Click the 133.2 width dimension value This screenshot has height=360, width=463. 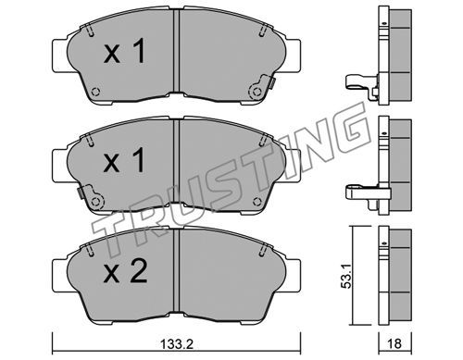pos(177,344)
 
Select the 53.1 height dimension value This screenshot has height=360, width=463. pos(347,276)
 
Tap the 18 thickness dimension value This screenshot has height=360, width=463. pos(394,343)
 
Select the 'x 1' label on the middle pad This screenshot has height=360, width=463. pos(124,159)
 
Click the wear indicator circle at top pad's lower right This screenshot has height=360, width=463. pos(257,92)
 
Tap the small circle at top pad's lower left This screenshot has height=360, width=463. pos(96,92)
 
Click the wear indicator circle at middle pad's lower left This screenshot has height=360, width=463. pos(96,202)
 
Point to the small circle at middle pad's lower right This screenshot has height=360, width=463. pos(257,202)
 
